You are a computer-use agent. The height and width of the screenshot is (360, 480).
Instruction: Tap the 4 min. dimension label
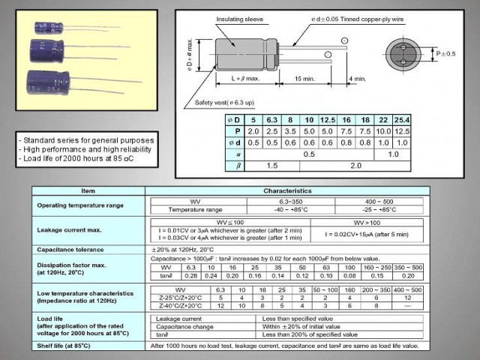pyautogui.click(x=357, y=78)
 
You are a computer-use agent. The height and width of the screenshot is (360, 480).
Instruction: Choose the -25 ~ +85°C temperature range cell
pyautogui.click(x=379, y=210)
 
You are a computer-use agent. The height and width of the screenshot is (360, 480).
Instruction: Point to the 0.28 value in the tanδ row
pyautogui.click(x=190, y=274)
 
